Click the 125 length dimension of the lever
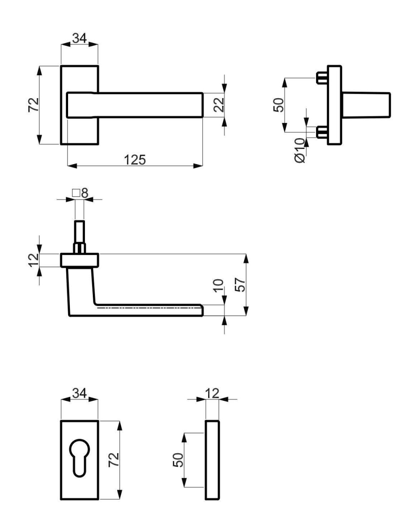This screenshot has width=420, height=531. pyautogui.click(x=134, y=160)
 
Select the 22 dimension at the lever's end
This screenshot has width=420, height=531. pyautogui.click(x=219, y=105)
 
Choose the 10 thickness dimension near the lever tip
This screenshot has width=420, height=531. pyautogui.click(x=218, y=288)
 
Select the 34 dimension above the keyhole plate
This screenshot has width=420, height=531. pyautogui.click(x=79, y=392)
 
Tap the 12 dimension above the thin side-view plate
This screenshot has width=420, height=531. pyautogui.click(x=212, y=392)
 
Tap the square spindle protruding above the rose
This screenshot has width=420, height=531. pyautogui.click(x=79, y=232)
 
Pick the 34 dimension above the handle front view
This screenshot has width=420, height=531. pyautogui.click(x=79, y=38)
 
